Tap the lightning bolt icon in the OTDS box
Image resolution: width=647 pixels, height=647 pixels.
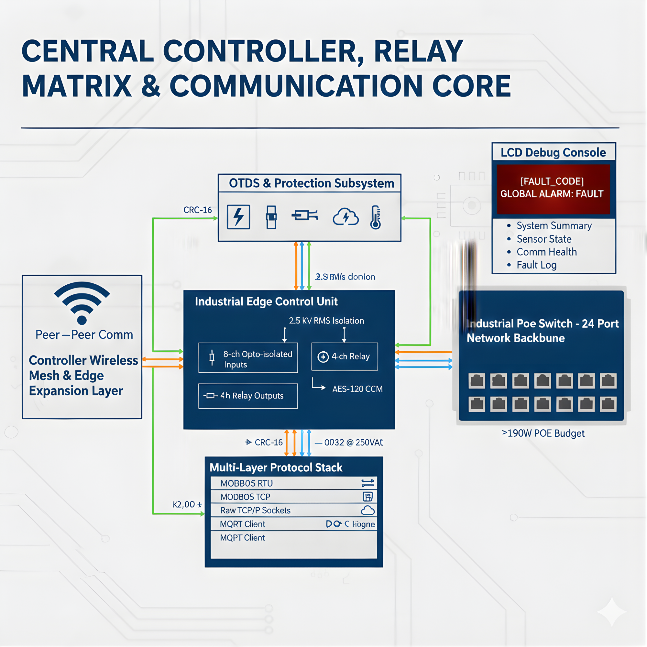(x=238, y=217)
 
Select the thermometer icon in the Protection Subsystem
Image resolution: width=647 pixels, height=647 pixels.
(x=375, y=217)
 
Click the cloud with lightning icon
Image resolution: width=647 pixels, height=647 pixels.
(x=345, y=217)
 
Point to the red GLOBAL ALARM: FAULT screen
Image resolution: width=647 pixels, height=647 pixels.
(x=553, y=189)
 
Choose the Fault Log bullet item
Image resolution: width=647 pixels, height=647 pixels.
(x=536, y=265)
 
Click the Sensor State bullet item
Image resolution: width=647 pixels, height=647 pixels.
(x=543, y=239)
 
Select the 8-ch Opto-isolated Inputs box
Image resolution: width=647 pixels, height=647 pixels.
(x=248, y=358)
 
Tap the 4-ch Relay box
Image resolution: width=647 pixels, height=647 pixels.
(x=344, y=356)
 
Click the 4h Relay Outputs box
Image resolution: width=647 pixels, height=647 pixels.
(x=248, y=396)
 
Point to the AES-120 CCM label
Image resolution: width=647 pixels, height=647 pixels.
(x=357, y=389)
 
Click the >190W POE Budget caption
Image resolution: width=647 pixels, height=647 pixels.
(x=543, y=433)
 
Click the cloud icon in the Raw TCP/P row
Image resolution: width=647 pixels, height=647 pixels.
(x=368, y=510)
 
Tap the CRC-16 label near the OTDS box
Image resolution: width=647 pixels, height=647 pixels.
(x=197, y=210)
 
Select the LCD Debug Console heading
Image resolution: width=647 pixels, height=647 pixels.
(x=553, y=152)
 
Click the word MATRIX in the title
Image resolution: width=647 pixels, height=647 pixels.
(x=77, y=86)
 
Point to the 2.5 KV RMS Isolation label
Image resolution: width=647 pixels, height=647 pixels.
(x=326, y=321)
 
